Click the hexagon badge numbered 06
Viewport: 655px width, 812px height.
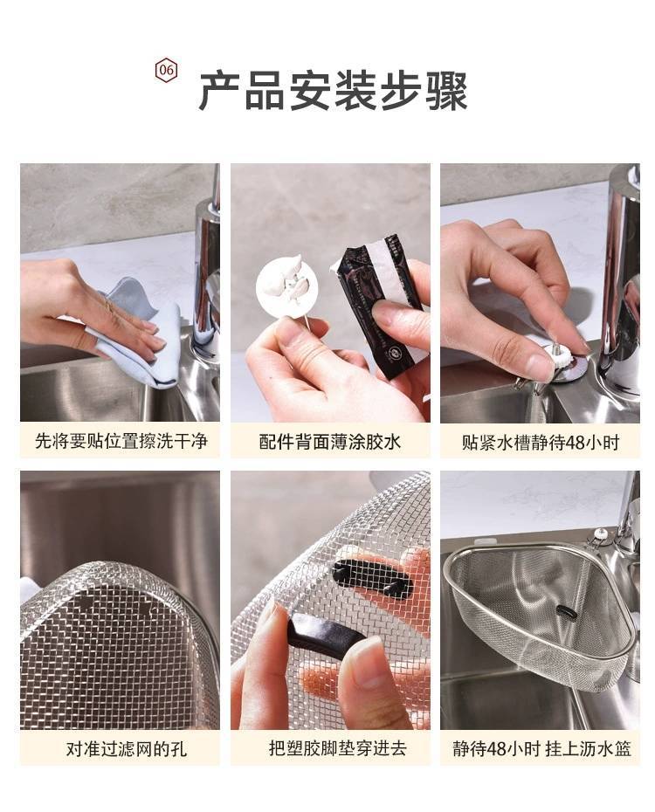pyautogui.click(x=166, y=70)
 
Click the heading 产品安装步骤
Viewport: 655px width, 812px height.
pyautogui.click(x=334, y=91)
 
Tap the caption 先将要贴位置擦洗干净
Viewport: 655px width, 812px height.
pyautogui.click(x=121, y=441)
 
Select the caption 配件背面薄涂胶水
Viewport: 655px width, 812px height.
pyautogui.click(x=330, y=442)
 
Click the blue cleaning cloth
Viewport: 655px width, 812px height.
pyautogui.click(x=140, y=332)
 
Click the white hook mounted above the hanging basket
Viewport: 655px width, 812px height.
pyautogui.click(x=601, y=534)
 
